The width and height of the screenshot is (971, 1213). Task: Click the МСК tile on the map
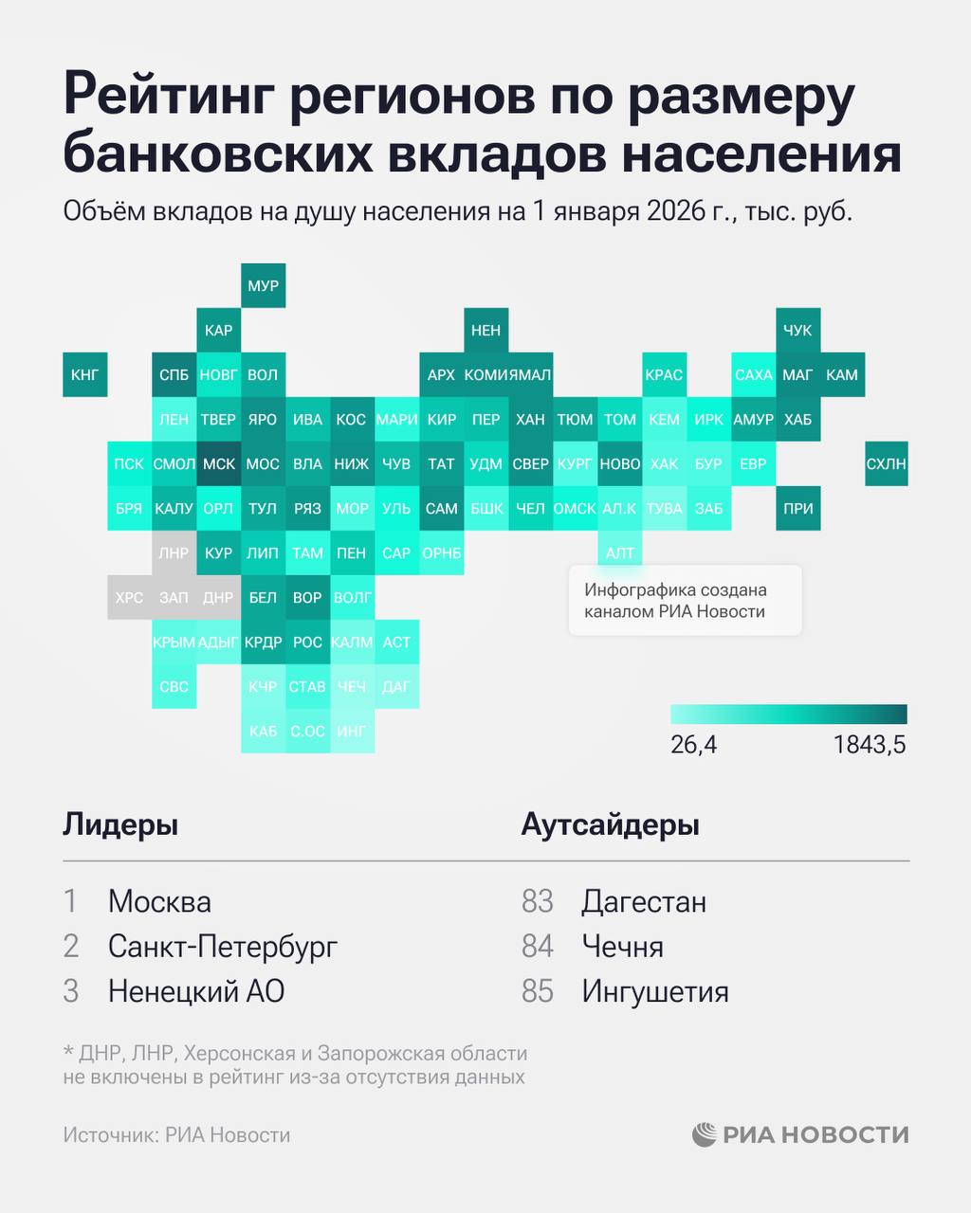219,463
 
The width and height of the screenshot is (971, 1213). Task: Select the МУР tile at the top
263,285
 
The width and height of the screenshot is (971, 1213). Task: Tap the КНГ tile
84,374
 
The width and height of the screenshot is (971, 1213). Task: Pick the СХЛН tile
886,463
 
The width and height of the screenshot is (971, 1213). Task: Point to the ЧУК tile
797,330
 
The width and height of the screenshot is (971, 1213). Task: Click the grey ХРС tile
129,597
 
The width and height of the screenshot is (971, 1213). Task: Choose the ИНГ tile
352,731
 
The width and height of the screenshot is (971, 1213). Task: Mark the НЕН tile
485,330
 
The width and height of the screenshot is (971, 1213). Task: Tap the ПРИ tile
797,508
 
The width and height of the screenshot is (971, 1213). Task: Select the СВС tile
174,686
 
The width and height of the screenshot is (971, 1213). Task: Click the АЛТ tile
620,552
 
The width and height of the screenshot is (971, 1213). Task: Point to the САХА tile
754,374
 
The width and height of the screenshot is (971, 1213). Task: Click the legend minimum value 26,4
693,745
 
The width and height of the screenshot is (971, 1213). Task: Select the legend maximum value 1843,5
870,745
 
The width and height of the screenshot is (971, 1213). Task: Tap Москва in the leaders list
159,901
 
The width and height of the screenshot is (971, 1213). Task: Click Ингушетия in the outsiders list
654,992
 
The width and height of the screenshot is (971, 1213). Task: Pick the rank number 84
538,947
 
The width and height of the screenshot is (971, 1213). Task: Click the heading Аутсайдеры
610,824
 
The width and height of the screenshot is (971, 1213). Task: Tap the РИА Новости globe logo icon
705,1134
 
